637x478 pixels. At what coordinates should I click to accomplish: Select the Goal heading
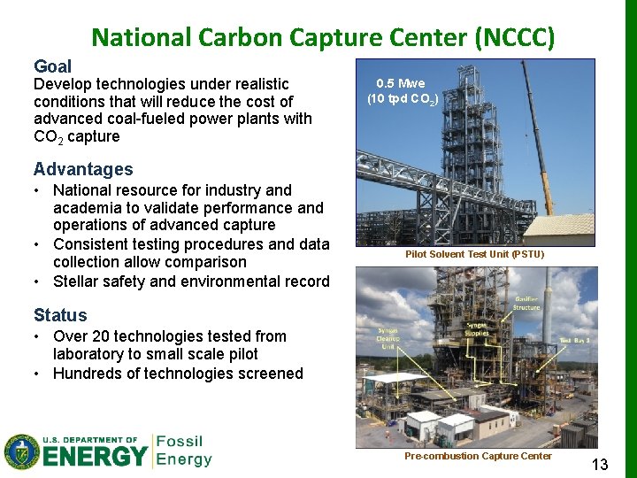[52, 66]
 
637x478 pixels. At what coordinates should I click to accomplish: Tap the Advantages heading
[83, 169]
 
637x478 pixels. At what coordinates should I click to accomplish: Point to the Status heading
[60, 315]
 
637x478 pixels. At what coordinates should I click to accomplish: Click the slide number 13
[599, 464]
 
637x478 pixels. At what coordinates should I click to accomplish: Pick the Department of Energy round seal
[21, 451]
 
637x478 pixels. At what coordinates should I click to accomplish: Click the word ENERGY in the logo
[96, 456]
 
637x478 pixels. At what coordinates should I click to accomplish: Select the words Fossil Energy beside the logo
[183, 450]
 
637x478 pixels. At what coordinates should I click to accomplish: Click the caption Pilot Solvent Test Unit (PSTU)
[474, 254]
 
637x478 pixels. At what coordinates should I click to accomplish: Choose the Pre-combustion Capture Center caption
[478, 456]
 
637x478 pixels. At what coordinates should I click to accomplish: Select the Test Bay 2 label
[575, 340]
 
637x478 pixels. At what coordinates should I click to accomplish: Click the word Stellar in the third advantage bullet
[77, 281]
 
